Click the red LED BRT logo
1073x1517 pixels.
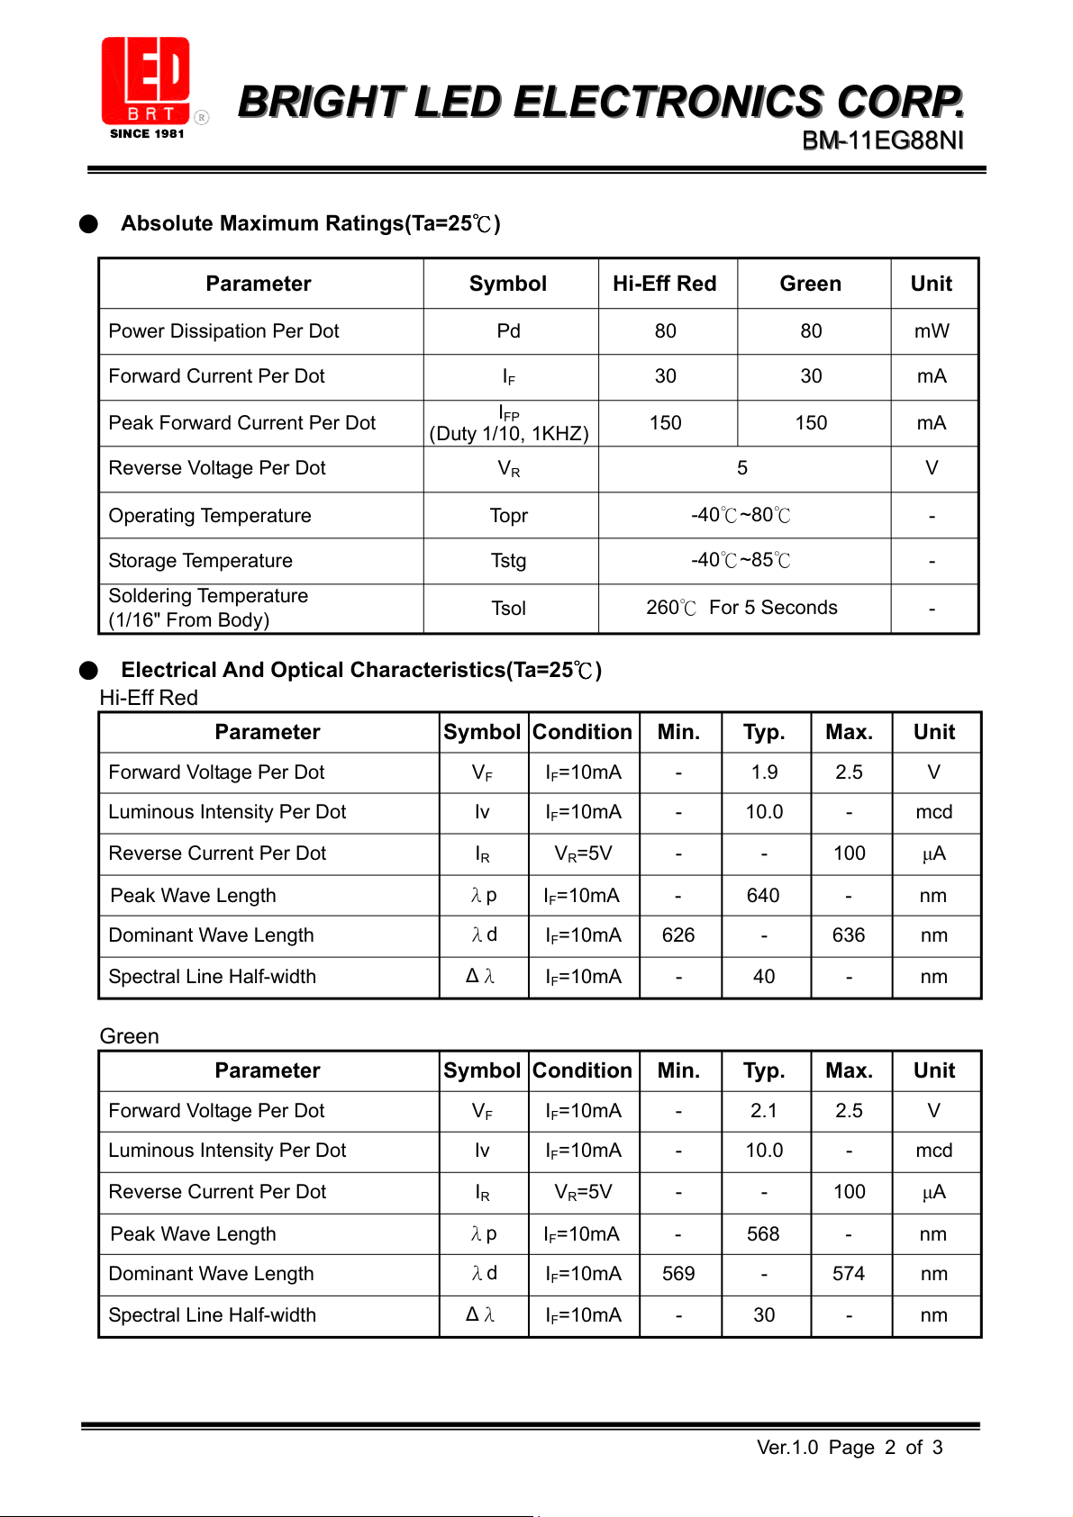(x=146, y=82)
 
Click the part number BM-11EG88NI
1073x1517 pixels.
(x=882, y=140)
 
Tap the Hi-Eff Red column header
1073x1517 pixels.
(x=665, y=284)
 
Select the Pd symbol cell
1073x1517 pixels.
(x=509, y=331)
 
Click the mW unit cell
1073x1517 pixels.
(x=932, y=331)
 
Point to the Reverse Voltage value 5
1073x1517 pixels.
(x=742, y=468)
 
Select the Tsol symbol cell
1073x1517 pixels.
(x=509, y=609)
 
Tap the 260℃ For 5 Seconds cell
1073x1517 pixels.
(x=741, y=608)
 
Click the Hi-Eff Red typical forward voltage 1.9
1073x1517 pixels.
(x=765, y=772)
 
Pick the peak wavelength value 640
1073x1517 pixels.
(x=763, y=896)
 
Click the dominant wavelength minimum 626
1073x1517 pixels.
(x=678, y=935)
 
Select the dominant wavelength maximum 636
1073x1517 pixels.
(x=849, y=935)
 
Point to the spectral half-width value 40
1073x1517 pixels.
(x=764, y=977)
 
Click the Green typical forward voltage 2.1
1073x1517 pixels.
(x=764, y=1111)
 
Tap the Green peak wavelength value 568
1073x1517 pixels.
(x=763, y=1234)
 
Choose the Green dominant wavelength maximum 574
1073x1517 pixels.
(x=849, y=1274)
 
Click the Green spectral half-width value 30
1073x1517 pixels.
(x=764, y=1315)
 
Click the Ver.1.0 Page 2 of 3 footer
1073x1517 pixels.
(x=850, y=1448)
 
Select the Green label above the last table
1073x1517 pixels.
(x=130, y=1036)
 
